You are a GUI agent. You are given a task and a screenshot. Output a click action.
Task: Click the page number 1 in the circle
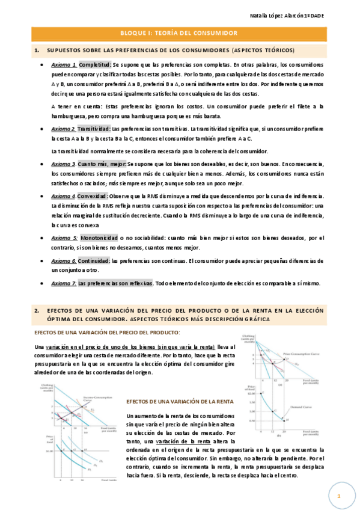(339, 496)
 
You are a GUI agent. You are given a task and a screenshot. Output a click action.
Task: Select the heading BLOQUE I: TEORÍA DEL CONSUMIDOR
(180, 33)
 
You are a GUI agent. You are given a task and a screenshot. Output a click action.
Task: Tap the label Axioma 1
(64, 64)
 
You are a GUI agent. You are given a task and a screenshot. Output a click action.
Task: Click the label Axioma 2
(64, 129)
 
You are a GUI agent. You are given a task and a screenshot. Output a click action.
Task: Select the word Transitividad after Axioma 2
(94, 129)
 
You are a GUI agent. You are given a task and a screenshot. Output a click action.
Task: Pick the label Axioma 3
(64, 164)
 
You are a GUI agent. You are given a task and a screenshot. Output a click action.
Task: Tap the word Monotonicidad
(99, 238)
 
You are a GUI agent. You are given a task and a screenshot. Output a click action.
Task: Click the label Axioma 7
(64, 283)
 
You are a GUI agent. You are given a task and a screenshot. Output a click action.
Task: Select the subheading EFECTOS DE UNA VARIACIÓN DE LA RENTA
(172, 401)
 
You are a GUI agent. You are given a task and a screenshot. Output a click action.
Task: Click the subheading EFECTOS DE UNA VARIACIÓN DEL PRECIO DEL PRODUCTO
(107, 333)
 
